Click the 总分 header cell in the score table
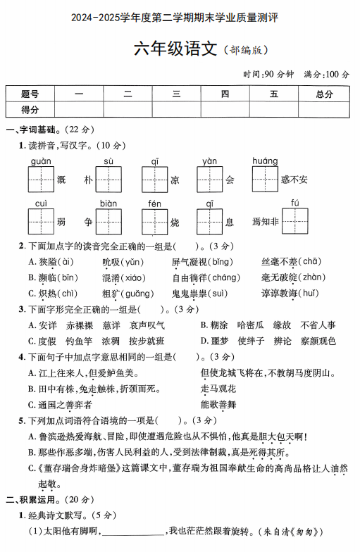324,94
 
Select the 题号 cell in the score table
30,94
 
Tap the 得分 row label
30,109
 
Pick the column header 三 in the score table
176,94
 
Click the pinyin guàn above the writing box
41,161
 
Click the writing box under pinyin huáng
266,179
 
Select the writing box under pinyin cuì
41,221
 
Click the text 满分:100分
326,74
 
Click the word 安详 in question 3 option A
48,325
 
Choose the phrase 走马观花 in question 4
218,389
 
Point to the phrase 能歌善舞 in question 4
218,404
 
